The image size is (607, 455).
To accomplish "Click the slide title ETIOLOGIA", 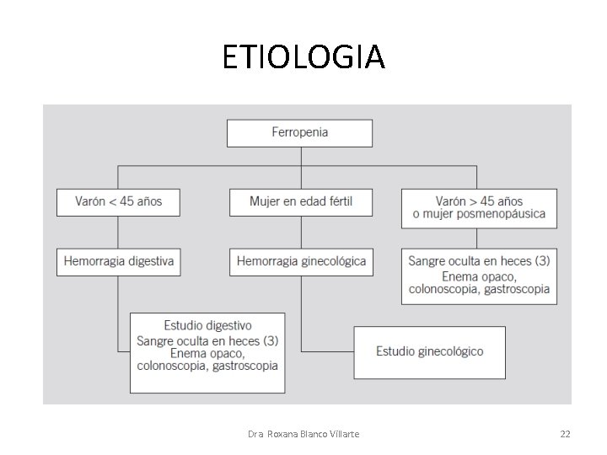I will click(303, 57).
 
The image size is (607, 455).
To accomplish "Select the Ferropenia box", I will click(299, 133).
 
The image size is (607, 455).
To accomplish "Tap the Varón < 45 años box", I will click(118, 202).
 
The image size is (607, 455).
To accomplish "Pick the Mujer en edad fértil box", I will click(300, 202).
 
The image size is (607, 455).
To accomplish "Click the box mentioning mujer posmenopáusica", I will click(478, 208).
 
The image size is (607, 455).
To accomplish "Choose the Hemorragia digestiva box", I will click(118, 261).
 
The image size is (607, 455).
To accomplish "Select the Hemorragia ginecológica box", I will click(300, 261).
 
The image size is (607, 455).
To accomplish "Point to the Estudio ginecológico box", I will click(430, 351).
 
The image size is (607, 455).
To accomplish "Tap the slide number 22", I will click(565, 434).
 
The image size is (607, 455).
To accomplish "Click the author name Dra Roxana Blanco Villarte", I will click(304, 434).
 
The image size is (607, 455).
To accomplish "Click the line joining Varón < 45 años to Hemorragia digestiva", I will click(118, 232).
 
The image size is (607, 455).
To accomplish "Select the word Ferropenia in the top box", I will click(299, 133).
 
